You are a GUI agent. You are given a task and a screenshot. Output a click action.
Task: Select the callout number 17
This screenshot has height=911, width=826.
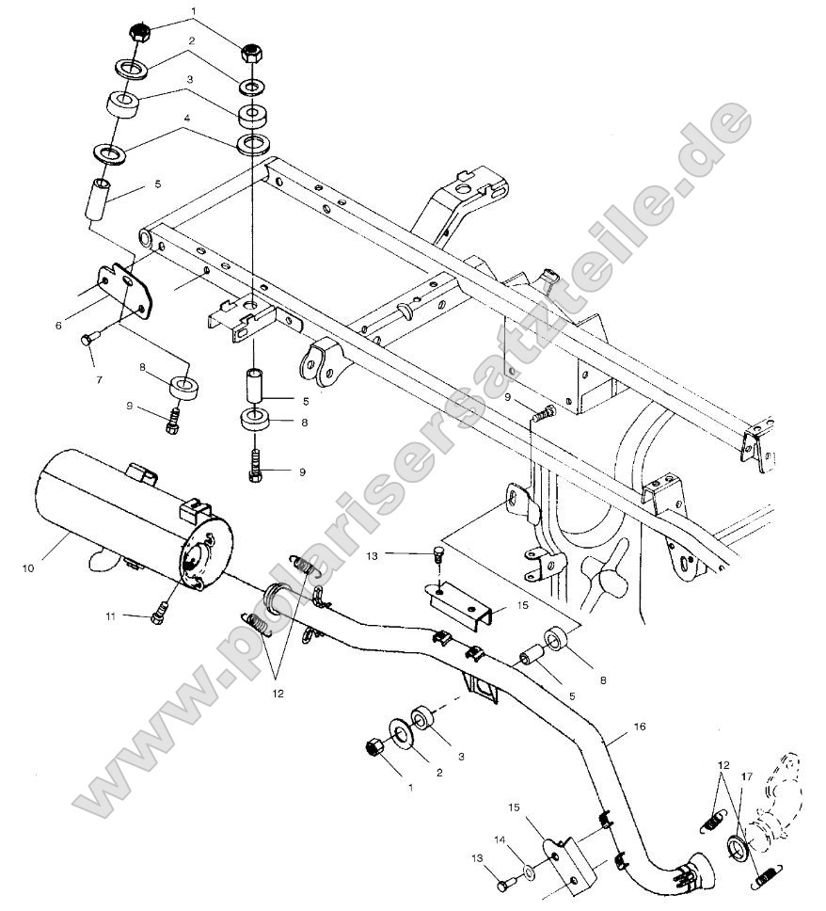(745, 776)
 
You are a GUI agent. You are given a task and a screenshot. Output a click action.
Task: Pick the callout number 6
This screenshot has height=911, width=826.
(58, 325)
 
